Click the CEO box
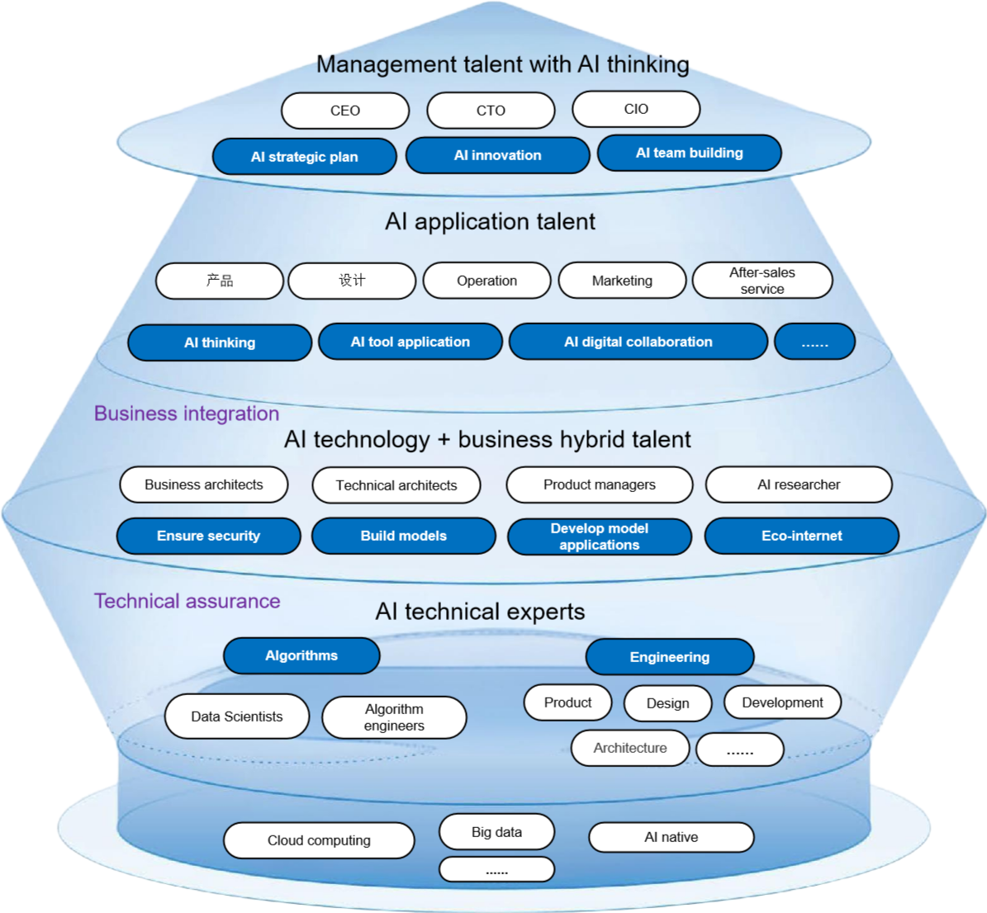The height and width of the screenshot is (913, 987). [345, 111]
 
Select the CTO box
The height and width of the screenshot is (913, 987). [491, 111]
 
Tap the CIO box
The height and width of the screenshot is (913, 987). [636, 109]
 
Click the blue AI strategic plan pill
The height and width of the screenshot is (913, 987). [305, 157]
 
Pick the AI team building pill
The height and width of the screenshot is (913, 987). [690, 153]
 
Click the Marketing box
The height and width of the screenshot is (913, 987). [622, 281]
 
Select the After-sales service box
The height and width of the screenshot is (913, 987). [762, 281]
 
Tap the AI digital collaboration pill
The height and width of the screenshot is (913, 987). [638, 342]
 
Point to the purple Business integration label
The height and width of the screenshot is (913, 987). [187, 414]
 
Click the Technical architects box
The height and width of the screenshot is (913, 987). [396, 485]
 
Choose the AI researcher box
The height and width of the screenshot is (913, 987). [799, 485]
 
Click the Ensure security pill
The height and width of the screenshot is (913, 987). [208, 536]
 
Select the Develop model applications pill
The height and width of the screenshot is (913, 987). [600, 537]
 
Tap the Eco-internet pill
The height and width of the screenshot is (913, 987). [801, 536]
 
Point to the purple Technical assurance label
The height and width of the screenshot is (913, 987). [187, 601]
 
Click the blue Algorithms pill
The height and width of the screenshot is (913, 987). [301, 655]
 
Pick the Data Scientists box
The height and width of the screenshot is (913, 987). [237, 717]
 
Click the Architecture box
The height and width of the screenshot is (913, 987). [630, 748]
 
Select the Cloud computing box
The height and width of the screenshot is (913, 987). [319, 840]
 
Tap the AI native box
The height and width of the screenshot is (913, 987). [671, 837]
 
